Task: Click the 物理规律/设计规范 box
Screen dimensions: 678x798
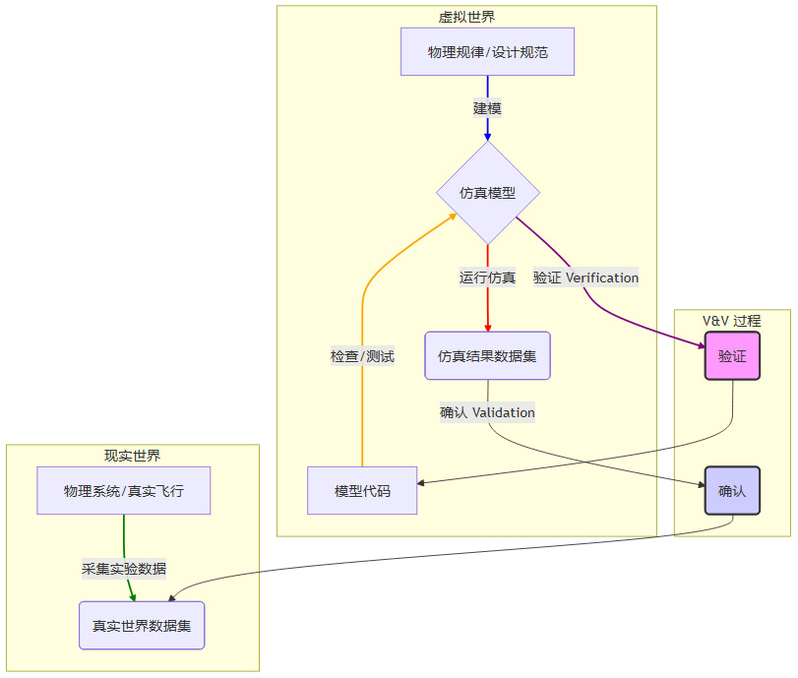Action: click(487, 52)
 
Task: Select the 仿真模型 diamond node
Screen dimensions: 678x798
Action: click(487, 193)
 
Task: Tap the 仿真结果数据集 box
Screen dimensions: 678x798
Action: click(487, 355)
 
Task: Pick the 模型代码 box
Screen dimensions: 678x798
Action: click(362, 490)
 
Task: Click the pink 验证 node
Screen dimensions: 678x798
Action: click(732, 355)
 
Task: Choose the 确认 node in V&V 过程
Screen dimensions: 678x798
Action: click(732, 490)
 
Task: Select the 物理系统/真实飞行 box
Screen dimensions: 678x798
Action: click(124, 490)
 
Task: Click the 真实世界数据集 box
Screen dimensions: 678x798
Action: click(142, 625)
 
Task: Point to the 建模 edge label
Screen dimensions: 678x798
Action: click(487, 108)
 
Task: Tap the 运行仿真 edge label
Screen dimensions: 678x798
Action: click(487, 277)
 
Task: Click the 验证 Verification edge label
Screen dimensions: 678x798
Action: click(585, 277)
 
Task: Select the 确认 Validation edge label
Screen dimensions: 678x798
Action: click(487, 412)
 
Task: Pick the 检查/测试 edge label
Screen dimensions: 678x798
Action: click(362, 356)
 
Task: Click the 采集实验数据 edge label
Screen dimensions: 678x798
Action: click(124, 568)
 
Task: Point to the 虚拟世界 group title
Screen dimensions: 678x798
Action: click(466, 17)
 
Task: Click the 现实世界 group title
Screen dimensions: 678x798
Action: click(132, 456)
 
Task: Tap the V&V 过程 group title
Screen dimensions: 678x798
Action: click(731, 321)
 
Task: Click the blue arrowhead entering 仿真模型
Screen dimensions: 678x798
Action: click(487, 137)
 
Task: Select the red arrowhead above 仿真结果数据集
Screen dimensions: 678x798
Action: click(487, 326)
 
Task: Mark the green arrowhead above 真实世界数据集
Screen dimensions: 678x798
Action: click(131, 595)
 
